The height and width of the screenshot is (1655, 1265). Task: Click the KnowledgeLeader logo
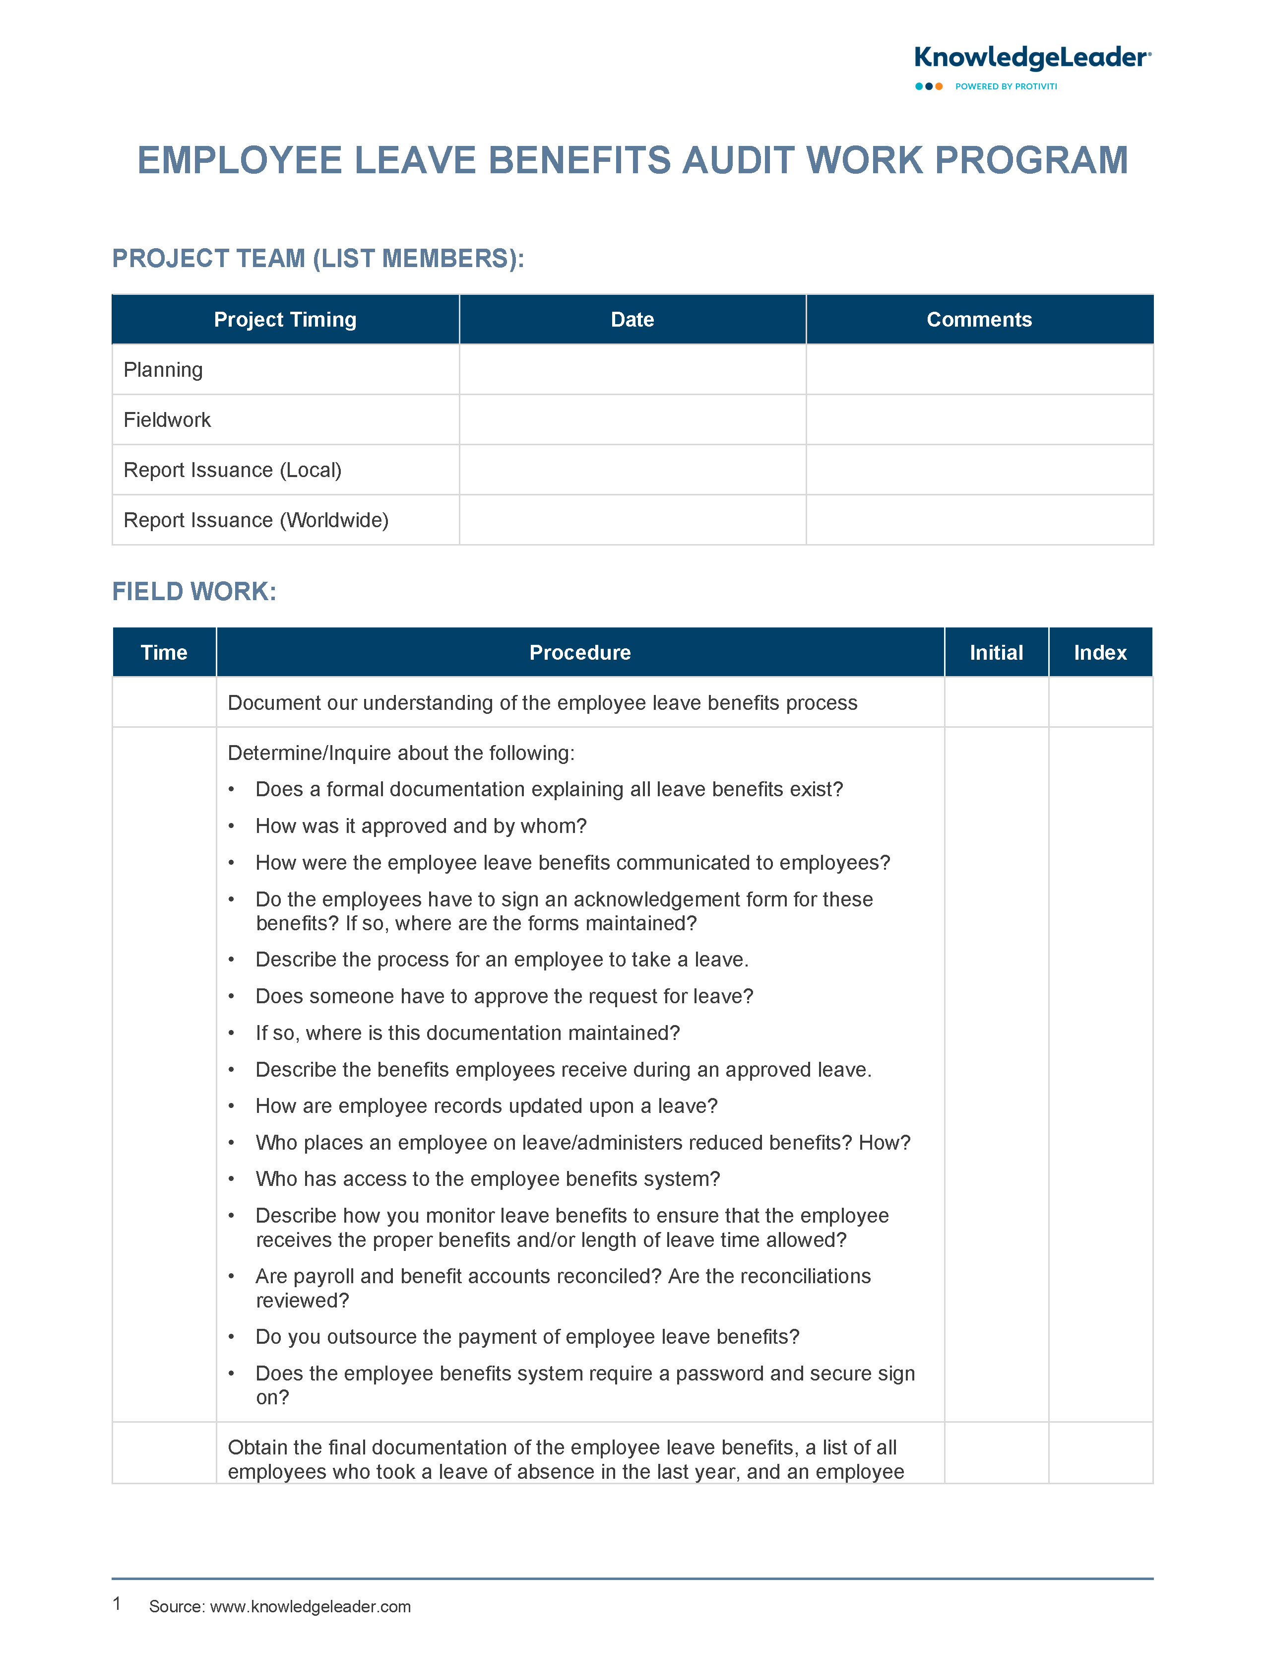(1031, 58)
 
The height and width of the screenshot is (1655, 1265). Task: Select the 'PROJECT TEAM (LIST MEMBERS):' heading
(318, 259)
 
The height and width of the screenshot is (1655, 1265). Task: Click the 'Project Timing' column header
(285, 319)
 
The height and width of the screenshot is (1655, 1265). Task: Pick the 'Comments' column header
(979, 319)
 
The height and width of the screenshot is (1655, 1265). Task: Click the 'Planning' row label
(163, 370)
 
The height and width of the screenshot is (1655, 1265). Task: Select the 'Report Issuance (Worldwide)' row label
(255, 520)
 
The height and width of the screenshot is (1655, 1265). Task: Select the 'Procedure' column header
(580, 652)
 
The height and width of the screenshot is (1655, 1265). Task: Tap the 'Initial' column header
(996, 652)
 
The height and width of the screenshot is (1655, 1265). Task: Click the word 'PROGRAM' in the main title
(1031, 160)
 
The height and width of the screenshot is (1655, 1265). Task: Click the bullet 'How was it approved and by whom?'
(420, 826)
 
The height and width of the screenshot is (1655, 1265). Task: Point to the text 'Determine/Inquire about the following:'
(401, 753)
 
